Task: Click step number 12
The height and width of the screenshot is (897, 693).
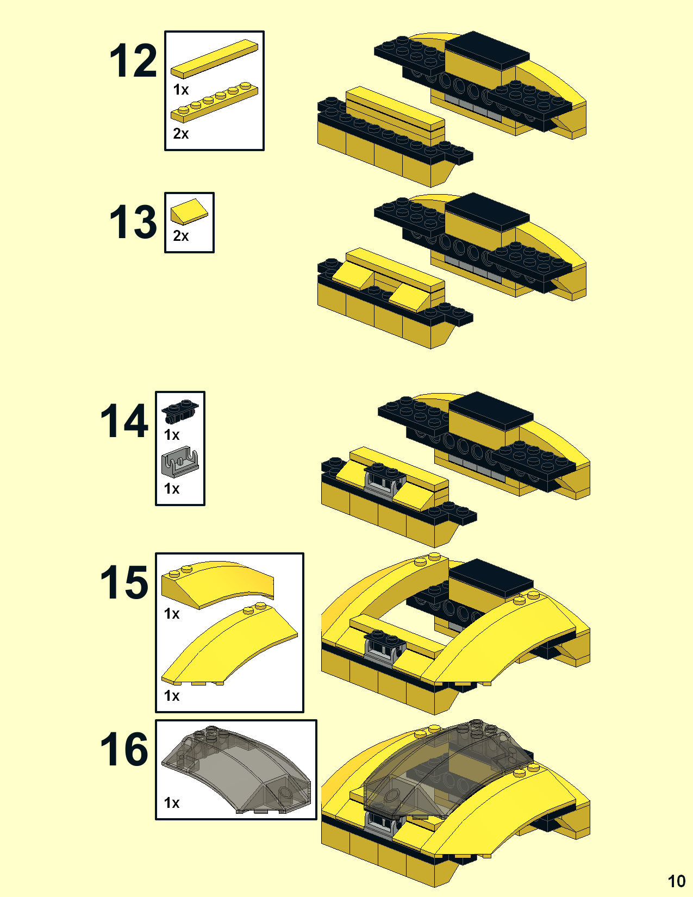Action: (133, 61)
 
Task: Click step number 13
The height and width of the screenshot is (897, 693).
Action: (133, 222)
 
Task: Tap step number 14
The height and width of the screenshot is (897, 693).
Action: (124, 421)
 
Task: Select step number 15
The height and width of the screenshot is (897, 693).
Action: (124, 582)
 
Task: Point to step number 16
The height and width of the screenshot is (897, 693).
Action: (124, 749)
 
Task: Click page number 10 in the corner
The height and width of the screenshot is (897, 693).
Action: (677, 881)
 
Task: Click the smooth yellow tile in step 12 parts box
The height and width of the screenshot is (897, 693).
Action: (214, 59)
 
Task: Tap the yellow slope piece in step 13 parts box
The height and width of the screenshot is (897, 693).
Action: (189, 212)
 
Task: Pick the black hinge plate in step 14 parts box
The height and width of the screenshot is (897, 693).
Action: (180, 411)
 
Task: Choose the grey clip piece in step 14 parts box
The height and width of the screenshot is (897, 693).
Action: (180, 462)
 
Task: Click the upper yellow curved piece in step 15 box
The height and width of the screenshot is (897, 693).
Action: (217, 584)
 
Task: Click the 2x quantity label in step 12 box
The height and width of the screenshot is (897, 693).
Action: (181, 134)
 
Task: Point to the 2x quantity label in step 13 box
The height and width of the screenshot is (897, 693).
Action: (181, 236)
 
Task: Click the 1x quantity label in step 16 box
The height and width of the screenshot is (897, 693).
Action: (172, 803)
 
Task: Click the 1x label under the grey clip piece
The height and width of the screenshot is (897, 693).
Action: (172, 489)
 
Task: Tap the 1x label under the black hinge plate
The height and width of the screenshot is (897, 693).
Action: (172, 435)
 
